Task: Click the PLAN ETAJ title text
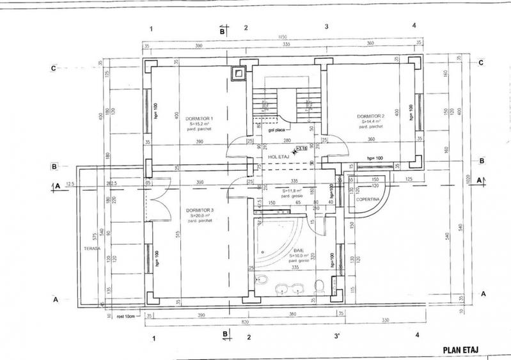461,350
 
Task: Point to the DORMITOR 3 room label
200,210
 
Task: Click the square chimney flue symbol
239,74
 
